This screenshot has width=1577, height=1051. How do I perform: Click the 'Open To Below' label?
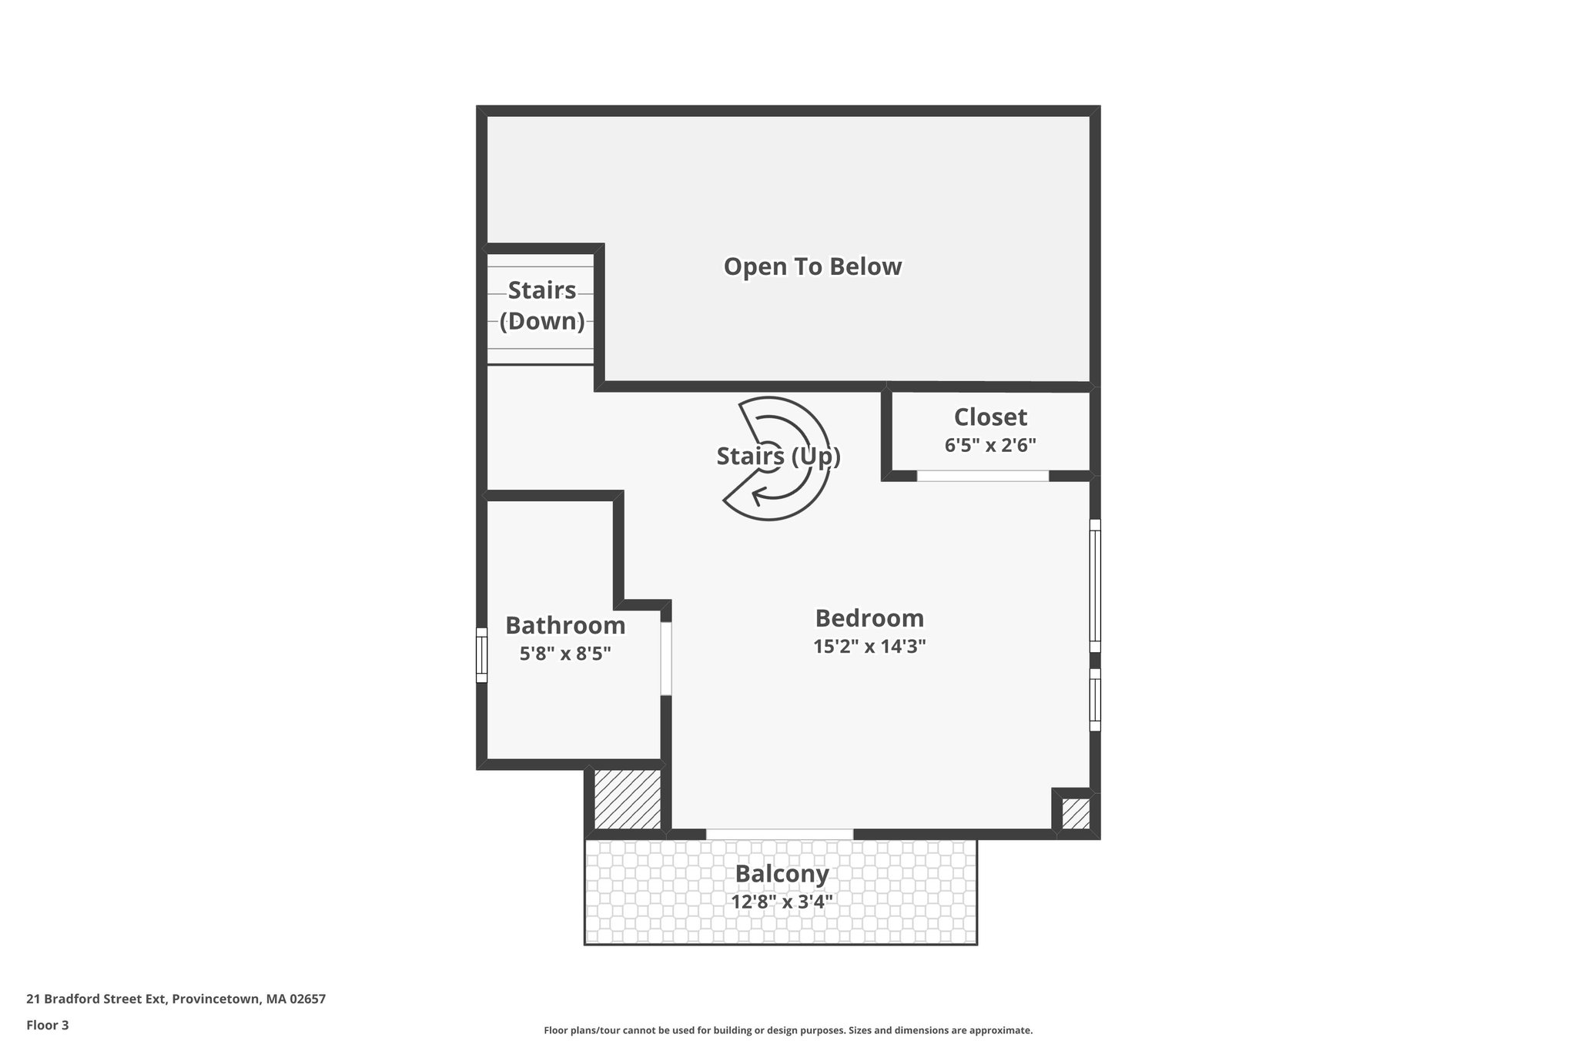(x=812, y=266)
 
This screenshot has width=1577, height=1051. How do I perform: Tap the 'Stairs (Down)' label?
(x=542, y=306)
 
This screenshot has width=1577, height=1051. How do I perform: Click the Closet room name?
(x=990, y=417)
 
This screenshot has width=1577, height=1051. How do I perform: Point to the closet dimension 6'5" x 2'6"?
(x=990, y=445)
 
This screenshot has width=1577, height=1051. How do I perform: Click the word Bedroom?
(x=869, y=618)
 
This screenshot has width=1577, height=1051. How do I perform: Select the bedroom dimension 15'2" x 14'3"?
(x=869, y=646)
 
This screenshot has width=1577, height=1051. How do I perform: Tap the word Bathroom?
(x=565, y=625)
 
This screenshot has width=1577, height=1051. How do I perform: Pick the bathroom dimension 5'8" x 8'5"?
(x=565, y=654)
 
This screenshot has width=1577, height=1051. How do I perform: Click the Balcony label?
(x=782, y=874)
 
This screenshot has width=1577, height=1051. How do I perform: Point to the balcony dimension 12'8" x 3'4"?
(x=782, y=902)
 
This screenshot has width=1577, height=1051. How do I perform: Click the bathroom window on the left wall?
(x=482, y=655)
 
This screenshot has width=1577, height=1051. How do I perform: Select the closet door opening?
(x=983, y=476)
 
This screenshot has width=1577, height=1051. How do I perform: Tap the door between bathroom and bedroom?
(x=666, y=658)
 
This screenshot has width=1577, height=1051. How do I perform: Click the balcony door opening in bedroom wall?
(x=779, y=834)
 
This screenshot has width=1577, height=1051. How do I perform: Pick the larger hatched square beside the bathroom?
(x=627, y=798)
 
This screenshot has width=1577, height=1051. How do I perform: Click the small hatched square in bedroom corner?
(x=1076, y=814)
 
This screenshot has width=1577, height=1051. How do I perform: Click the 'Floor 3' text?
(x=48, y=1025)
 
